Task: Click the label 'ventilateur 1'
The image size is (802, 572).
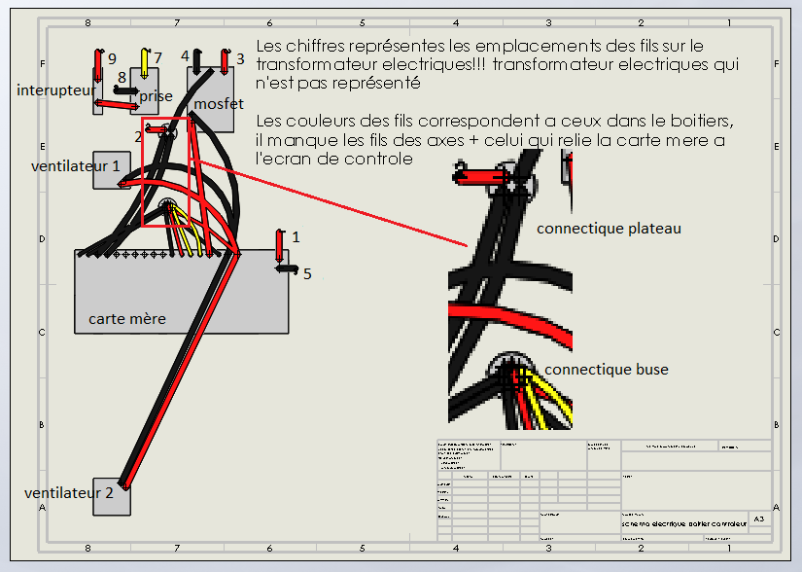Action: coord(76,165)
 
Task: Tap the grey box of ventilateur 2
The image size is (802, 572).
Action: coord(111,496)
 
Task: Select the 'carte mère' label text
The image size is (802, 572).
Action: coord(126,318)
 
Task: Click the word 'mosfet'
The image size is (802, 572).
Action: coord(219,103)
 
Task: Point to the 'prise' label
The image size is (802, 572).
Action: coord(156,96)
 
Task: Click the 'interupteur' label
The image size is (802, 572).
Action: coord(55,89)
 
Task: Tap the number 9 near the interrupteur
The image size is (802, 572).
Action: coord(112,58)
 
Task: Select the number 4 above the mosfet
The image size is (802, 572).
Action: coord(185,55)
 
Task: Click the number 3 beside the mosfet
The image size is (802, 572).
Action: coord(239,58)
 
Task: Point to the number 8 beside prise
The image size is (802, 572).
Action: coord(122,77)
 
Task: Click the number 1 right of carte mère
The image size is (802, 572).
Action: coord(296,236)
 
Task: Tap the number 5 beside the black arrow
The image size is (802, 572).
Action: coord(307,273)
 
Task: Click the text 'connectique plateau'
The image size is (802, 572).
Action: coord(609,229)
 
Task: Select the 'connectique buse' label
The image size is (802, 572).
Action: coord(606,370)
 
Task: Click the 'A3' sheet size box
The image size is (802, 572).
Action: coord(759,520)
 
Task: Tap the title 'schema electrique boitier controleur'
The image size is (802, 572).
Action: coord(684,524)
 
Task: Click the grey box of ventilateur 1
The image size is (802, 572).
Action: coord(111,169)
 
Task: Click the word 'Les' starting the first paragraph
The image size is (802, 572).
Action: coord(268,46)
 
